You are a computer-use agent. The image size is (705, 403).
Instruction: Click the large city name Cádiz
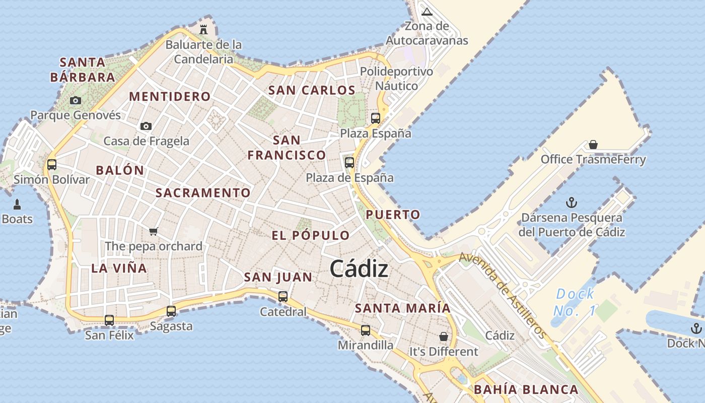tap(359, 269)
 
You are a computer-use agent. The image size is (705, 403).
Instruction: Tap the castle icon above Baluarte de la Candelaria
tap(203, 29)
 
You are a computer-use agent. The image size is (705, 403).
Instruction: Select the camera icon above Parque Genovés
tap(76, 100)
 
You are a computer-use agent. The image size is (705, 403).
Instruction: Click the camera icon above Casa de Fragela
tap(146, 126)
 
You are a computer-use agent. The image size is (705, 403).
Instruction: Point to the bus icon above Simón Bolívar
tap(51, 164)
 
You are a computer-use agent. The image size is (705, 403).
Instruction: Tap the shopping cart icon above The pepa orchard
tap(154, 231)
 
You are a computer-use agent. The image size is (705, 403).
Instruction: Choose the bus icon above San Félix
tap(109, 320)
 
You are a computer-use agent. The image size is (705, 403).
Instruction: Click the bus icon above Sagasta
tap(171, 311)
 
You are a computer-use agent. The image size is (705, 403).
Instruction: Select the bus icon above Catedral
tap(283, 297)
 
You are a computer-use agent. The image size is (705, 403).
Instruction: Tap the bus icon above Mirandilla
tap(366, 330)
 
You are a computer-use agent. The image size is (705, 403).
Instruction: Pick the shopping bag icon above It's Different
tap(444, 336)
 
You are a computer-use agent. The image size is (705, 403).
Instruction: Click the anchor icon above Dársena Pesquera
tap(572, 203)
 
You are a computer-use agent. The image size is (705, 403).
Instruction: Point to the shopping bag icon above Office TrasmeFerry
tap(593, 145)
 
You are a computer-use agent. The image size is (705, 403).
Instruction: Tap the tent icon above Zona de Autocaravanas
tap(427, 12)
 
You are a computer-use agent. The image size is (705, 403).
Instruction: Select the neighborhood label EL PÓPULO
tap(311, 235)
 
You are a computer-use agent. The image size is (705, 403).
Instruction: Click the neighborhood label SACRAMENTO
tap(203, 193)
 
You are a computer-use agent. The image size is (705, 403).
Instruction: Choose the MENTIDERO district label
tap(170, 96)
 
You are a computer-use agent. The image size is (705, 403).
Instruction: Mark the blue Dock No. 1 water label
tap(575, 302)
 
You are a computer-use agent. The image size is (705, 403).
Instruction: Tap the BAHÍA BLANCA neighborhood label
tap(526, 389)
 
